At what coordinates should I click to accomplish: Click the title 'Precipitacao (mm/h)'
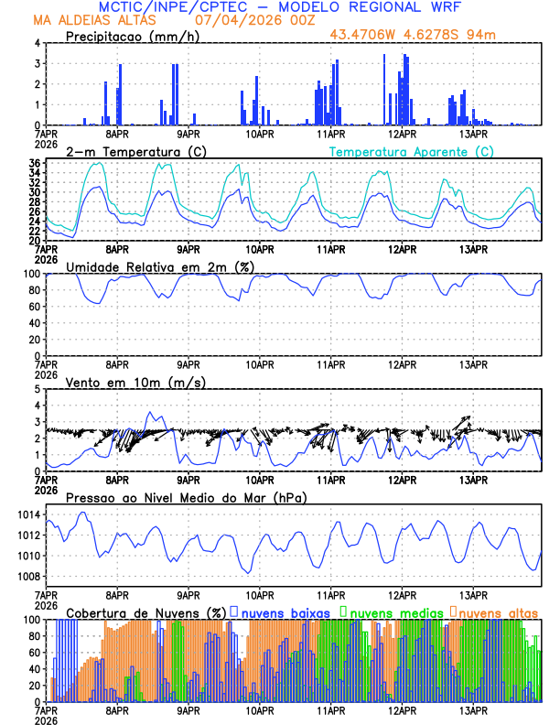131,36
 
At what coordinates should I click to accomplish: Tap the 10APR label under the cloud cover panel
259,710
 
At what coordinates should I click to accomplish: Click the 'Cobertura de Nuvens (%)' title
146,611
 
